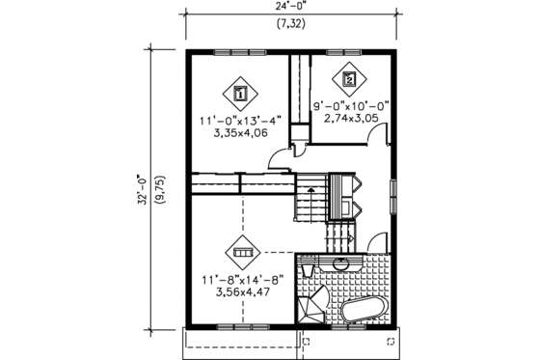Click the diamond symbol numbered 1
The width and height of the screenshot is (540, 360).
click(240, 94)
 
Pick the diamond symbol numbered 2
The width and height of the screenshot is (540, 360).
click(348, 79)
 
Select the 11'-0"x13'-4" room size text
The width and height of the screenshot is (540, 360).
click(240, 123)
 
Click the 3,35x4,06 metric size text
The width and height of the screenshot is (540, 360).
click(240, 136)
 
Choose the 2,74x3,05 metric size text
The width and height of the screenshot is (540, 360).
click(351, 122)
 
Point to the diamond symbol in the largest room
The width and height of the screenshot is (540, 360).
click(240, 253)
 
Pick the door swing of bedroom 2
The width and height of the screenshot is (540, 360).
click(370, 139)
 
